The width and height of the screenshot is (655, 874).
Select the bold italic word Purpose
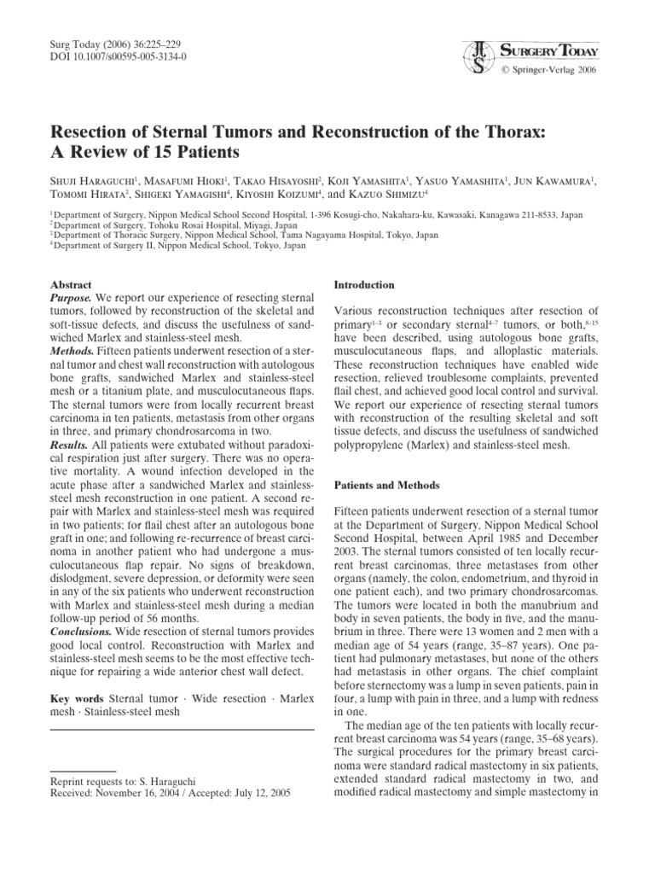click(x=72, y=300)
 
